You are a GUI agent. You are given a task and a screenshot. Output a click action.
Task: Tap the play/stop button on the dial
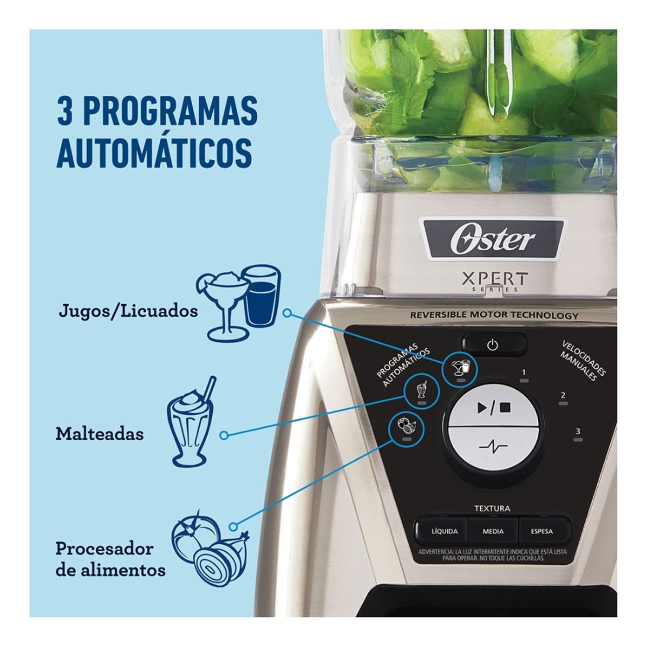493,407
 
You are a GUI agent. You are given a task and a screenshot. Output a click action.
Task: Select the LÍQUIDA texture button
444,531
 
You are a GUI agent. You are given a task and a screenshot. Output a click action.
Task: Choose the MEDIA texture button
493,531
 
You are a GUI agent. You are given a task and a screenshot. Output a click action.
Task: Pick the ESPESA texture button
541,531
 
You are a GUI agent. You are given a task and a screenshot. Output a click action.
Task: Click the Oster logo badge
493,239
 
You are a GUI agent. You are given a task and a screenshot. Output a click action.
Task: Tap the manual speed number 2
563,396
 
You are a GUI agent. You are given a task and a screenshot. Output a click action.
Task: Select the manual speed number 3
578,431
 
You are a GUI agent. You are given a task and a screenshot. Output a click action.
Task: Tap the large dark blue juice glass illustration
261,299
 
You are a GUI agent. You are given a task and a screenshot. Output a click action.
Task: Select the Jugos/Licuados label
128,311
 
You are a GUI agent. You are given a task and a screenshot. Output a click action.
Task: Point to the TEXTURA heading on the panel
492,508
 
